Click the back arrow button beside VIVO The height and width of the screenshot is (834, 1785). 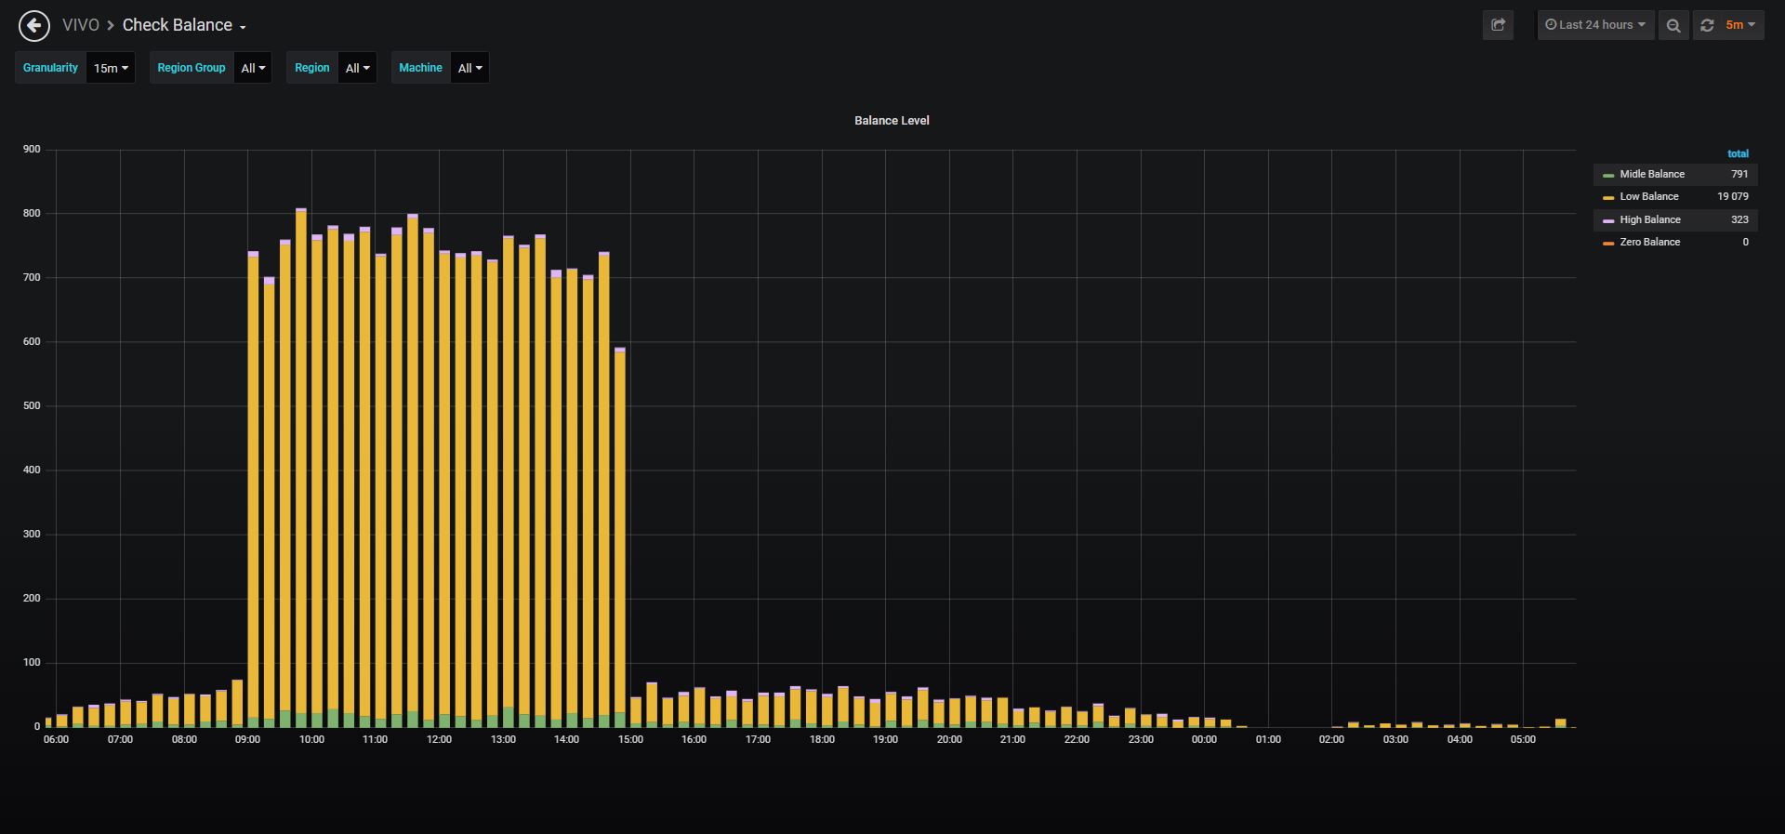tap(34, 25)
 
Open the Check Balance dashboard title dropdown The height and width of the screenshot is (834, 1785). tap(184, 25)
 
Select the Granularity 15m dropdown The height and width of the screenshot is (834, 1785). tap(111, 68)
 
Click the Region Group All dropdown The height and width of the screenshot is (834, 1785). tap(253, 68)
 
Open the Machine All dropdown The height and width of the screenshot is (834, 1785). tap(469, 68)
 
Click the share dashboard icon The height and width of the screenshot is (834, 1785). tap(1498, 25)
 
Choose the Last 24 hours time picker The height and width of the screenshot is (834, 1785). tap(1595, 25)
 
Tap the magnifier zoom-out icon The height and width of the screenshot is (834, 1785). tap(1673, 25)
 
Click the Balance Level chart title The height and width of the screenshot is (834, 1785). tap(892, 121)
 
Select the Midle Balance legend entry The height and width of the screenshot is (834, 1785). tap(1651, 174)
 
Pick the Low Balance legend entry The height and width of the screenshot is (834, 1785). tap(1648, 196)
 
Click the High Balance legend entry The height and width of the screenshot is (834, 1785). tap(1649, 219)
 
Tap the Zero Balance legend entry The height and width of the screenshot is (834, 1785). tap(1649, 242)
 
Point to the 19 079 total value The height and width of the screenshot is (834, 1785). tap(1732, 196)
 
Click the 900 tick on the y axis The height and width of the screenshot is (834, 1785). tap(32, 149)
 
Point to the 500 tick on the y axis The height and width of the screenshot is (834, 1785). tap(32, 405)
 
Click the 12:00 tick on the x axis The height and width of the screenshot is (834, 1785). tap(439, 739)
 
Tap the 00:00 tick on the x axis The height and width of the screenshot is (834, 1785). tap(1204, 739)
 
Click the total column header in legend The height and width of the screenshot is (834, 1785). tap(1738, 153)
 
